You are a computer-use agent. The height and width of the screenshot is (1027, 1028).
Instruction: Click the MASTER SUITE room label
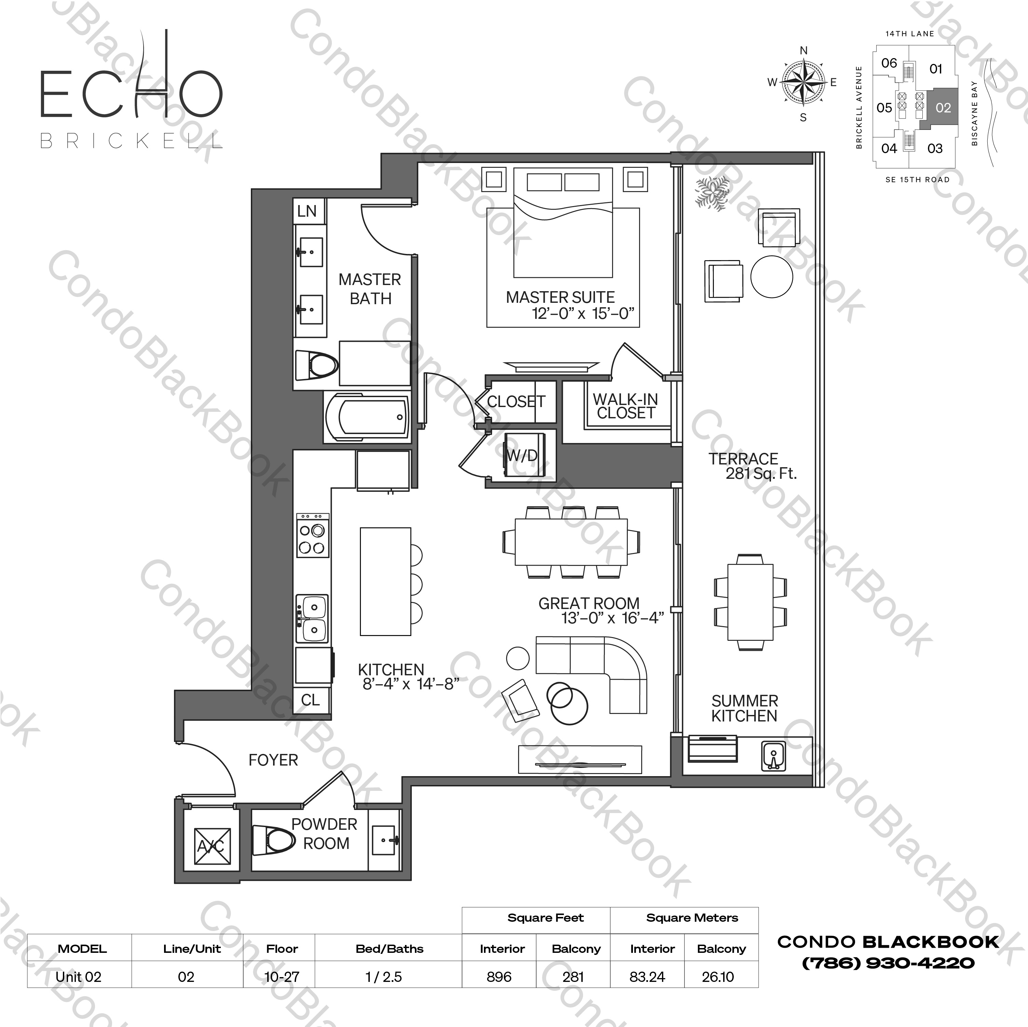(560, 297)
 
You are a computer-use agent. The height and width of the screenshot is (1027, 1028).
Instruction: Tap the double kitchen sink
(313, 618)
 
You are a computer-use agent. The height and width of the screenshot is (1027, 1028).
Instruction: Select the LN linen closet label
(307, 211)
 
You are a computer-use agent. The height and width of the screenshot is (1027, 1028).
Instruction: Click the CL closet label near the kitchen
(310, 699)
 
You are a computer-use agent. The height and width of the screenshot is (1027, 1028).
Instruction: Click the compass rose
(803, 82)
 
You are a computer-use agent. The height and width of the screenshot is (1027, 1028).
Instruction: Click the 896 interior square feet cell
(499, 977)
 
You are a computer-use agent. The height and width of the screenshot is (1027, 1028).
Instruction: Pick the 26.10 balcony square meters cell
(718, 977)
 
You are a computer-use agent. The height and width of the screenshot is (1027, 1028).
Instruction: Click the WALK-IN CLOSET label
(625, 406)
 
